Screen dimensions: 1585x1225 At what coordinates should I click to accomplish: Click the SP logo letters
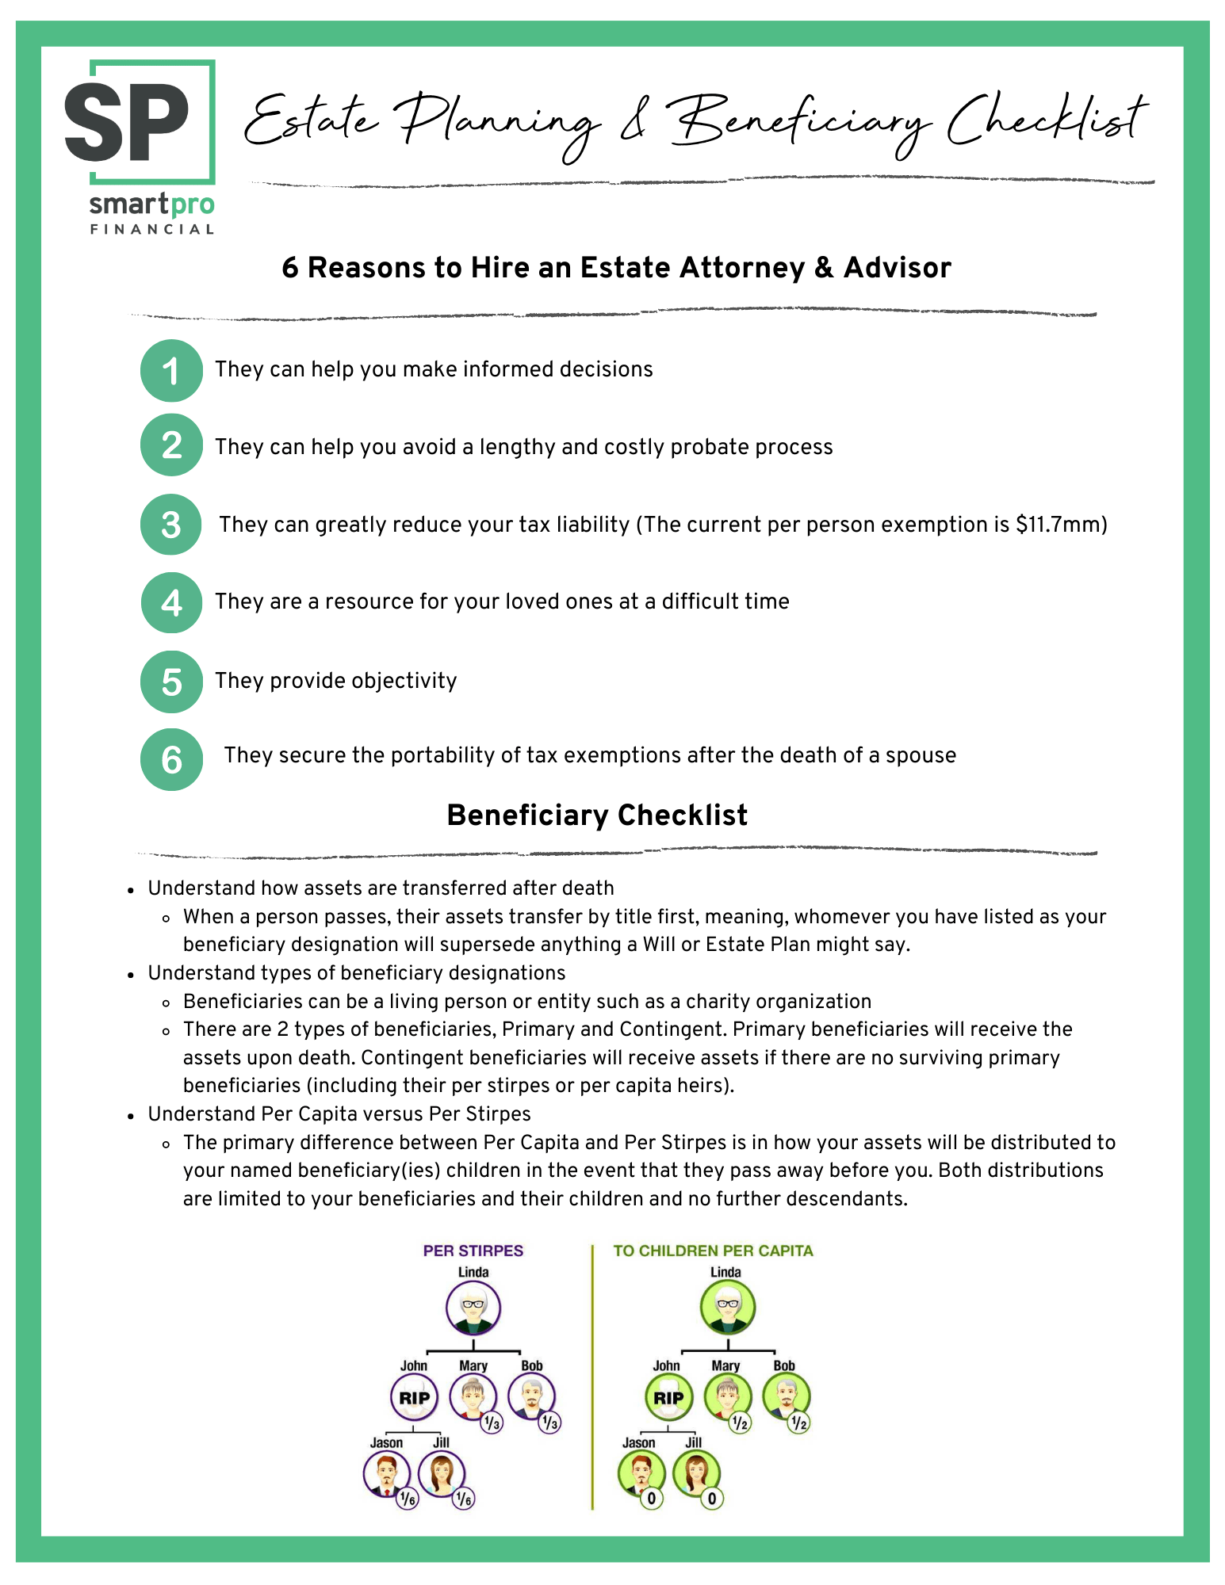127,122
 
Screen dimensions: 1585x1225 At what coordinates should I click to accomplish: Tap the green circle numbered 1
171,370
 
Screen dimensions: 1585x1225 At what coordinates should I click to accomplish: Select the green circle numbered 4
171,603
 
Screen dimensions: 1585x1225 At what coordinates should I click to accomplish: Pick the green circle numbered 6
171,759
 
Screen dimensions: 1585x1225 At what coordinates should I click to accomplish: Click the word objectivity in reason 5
404,681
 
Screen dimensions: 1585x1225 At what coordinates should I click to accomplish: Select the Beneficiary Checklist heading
597,815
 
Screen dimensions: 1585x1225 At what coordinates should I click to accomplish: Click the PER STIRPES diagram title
473,1251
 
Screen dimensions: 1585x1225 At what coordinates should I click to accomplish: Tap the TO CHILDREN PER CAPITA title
713,1251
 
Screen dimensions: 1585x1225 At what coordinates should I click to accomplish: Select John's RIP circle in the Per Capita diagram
668,1398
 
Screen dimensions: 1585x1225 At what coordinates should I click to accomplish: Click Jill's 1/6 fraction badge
464,1499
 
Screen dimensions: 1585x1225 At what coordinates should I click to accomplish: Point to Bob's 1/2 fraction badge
799,1423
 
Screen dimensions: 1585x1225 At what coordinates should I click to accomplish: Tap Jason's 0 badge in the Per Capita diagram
651,1499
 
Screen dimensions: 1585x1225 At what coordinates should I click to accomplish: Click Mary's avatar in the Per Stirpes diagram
473,1396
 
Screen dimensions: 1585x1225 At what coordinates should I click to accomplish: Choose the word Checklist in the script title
1047,123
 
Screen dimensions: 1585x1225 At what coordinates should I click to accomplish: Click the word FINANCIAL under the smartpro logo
151,229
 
